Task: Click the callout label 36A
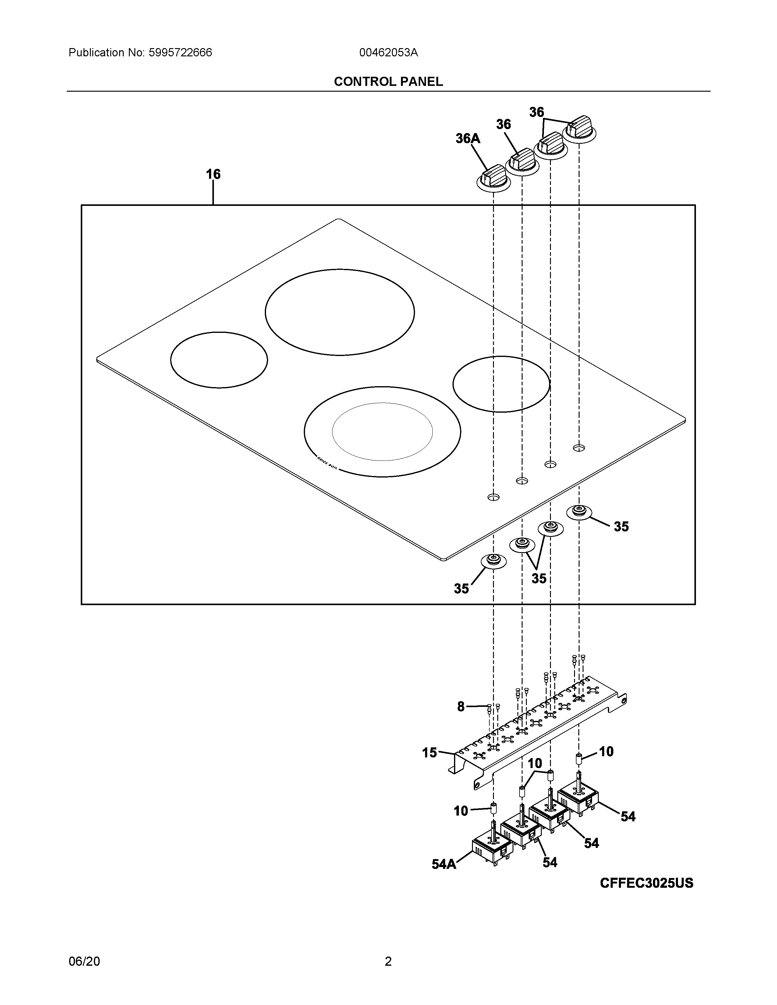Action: point(468,138)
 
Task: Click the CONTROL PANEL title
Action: point(388,81)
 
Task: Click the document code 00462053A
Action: point(388,52)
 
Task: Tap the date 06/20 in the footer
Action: point(84,961)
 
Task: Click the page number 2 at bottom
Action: point(388,961)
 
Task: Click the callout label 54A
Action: point(444,864)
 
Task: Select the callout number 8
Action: point(461,706)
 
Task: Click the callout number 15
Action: point(429,753)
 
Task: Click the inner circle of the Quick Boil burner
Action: point(382,432)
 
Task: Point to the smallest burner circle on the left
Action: point(219,360)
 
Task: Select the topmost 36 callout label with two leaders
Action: point(536,112)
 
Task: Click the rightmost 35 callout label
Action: point(621,527)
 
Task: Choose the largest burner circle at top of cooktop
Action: point(339,312)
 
